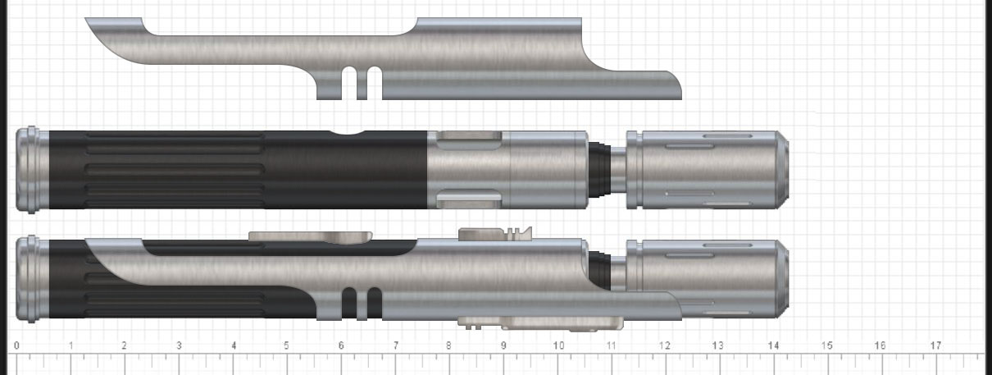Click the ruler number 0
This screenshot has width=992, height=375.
tap(16, 345)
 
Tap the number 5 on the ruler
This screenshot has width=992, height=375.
tap(286, 345)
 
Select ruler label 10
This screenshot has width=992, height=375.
tap(559, 345)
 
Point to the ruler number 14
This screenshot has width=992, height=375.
tap(773, 345)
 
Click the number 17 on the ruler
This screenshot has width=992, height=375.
tap(935, 345)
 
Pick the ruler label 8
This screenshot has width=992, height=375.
tap(448, 345)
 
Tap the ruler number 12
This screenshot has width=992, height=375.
tap(665, 345)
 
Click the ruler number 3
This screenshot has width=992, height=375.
tap(179, 345)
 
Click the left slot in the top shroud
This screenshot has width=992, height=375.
tap(349, 84)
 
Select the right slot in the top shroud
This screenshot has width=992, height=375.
tap(375, 84)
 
